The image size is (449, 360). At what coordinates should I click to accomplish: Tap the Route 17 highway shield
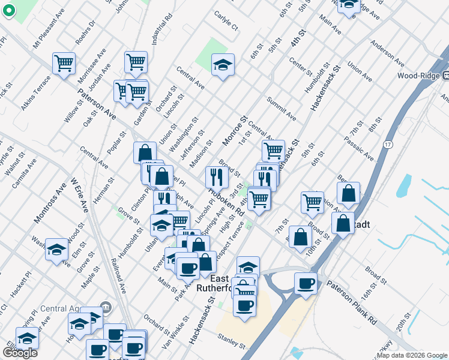(x=388, y=145)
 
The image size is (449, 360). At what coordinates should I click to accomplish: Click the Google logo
(x=20, y=353)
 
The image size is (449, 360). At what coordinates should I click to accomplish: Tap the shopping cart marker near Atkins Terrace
(x=64, y=63)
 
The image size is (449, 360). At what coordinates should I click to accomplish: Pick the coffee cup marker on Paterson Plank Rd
(x=306, y=283)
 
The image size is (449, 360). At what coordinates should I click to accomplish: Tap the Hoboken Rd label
(x=226, y=203)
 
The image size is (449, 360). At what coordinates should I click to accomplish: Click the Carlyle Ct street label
(x=227, y=23)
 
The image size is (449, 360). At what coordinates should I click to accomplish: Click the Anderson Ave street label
(x=387, y=52)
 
